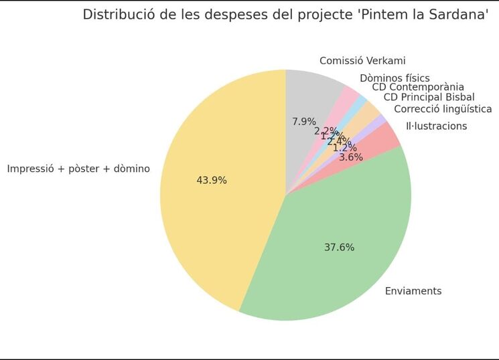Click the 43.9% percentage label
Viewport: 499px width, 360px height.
pos(212,181)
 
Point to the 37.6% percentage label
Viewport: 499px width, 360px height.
pos(339,248)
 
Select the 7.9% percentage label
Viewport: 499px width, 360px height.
pos(304,122)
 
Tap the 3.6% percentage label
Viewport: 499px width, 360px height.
pos(351,157)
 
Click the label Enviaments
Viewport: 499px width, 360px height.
pos(413,291)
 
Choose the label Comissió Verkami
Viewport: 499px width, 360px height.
pos(362,61)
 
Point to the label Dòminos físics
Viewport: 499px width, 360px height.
pos(395,78)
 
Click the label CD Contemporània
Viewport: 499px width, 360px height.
pos(418,87)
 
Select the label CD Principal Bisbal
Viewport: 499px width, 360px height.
pos(429,98)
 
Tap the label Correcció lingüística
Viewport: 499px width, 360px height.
pos(443,109)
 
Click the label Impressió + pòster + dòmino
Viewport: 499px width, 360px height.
pos(78,169)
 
